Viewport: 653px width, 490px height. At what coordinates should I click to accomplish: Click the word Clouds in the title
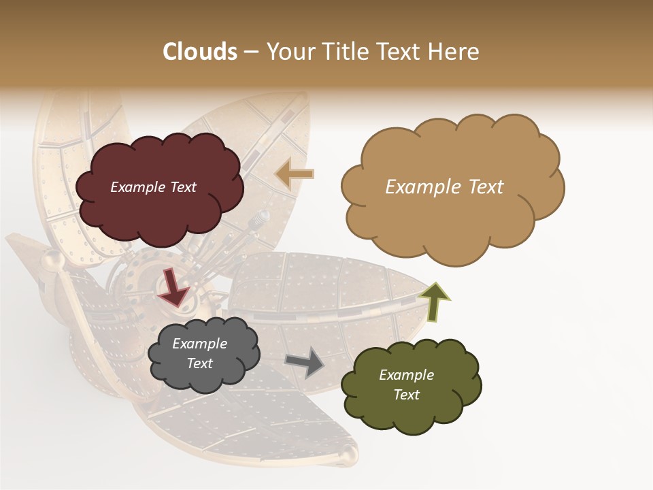point(200,52)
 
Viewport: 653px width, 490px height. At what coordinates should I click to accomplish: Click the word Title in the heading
point(345,52)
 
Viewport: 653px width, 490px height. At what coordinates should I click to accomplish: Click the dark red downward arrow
point(174,287)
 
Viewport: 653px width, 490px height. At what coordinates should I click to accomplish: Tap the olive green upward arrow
point(434,302)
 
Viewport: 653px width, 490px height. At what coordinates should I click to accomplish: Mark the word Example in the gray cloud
point(199,344)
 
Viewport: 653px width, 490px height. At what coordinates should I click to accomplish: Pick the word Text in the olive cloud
point(406,395)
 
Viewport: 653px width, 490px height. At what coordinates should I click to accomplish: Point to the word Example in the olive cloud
point(406,375)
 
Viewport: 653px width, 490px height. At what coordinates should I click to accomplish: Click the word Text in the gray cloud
point(199,363)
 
